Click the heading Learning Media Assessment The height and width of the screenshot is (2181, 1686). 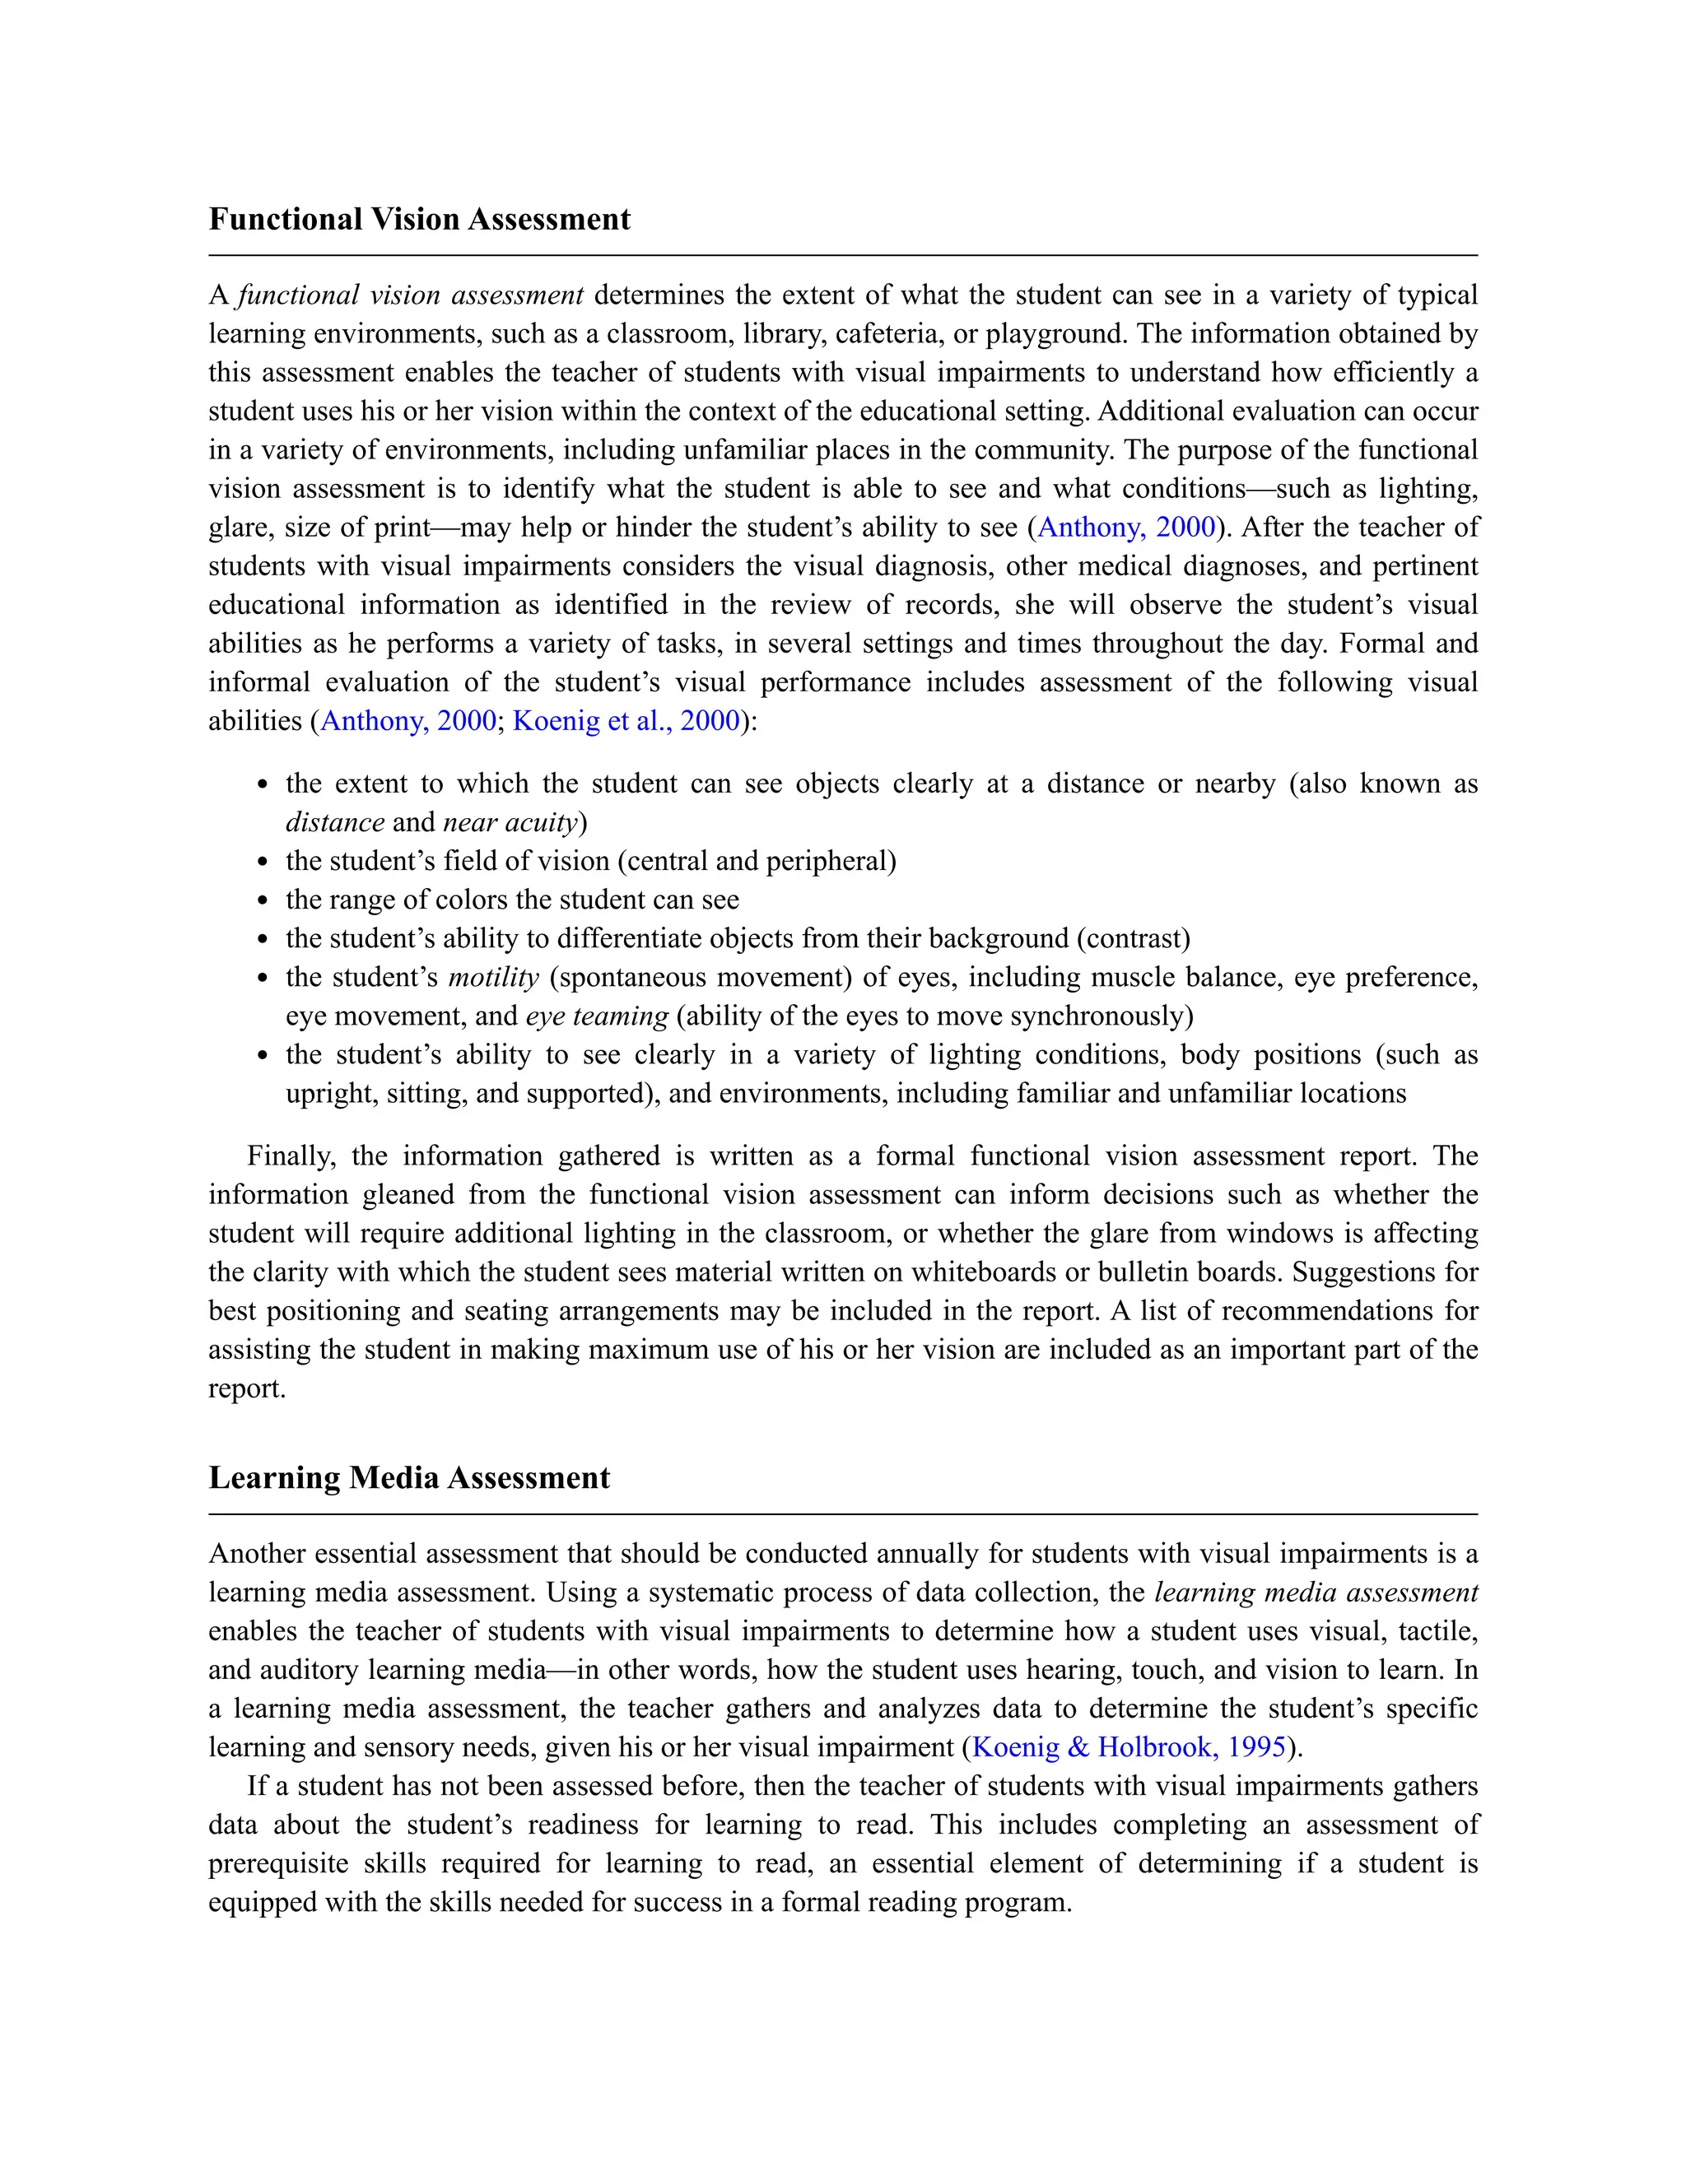click(x=408, y=1477)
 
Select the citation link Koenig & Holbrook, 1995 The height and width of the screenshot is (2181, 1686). click(x=1128, y=1746)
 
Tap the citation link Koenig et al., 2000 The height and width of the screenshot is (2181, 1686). click(x=626, y=720)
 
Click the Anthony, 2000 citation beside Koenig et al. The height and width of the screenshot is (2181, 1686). click(x=408, y=720)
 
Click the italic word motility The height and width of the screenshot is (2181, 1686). click(x=493, y=977)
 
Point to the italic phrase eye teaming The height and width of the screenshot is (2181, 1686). click(x=596, y=1016)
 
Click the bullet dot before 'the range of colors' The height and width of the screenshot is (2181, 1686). click(x=263, y=900)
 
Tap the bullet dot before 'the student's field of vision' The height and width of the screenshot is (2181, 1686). click(x=263, y=862)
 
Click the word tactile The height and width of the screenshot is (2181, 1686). click(x=1434, y=1630)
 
